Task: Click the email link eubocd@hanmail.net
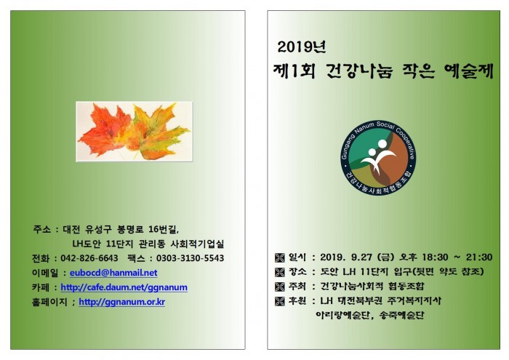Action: tap(113, 273)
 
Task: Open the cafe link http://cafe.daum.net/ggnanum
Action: tap(124, 287)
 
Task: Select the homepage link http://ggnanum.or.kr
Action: tap(121, 302)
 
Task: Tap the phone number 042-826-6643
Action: tap(89, 258)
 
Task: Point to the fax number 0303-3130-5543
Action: tap(191, 258)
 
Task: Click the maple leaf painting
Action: tap(134, 132)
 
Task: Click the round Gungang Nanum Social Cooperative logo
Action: tap(379, 158)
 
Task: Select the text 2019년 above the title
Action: tap(302, 47)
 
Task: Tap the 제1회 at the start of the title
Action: tap(294, 71)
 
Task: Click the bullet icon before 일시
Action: tap(279, 257)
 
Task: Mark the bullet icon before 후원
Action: tap(279, 301)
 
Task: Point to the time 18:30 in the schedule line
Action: tap(435, 257)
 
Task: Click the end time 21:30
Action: tap(479, 257)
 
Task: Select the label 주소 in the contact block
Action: tap(41, 229)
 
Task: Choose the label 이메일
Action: tap(45, 273)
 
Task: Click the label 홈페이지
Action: tap(49, 302)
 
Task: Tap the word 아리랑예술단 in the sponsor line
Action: tap(342, 315)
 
